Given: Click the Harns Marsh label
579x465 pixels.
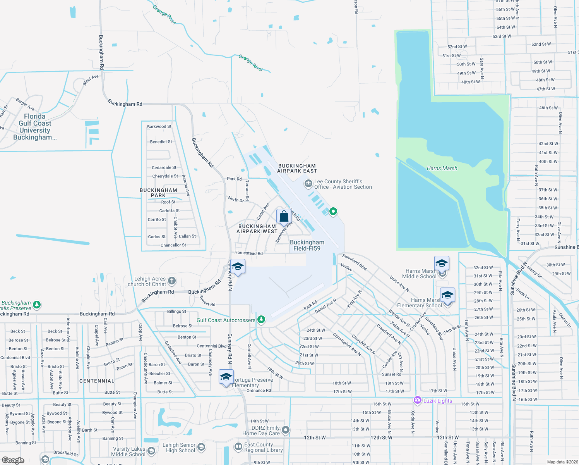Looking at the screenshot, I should pos(442,168).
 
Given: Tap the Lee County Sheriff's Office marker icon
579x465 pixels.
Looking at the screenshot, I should pos(308,184).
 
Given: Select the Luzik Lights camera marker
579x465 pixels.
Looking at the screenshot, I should pos(417,400).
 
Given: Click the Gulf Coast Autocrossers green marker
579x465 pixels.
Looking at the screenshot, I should pos(261,319).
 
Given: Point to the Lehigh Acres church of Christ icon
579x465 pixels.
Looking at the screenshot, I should pos(172,281).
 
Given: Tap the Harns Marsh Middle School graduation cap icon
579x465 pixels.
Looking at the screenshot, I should pos(442,263).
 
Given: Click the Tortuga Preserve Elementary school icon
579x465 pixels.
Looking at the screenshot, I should pos(226,377).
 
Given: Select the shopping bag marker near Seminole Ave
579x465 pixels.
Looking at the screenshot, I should pos(284,216).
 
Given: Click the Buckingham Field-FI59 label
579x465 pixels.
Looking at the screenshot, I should pos(307,245).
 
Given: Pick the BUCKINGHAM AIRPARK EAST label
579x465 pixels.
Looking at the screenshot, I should pos(297,168).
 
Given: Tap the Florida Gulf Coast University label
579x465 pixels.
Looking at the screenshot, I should pos(35,127).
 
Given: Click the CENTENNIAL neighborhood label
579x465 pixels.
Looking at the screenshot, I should pos(97,381).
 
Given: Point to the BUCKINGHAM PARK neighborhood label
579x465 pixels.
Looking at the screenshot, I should pos(158,193).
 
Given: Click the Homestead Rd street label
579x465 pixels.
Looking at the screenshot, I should pos(248,253).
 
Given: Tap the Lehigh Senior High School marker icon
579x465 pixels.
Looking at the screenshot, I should pos(201,448).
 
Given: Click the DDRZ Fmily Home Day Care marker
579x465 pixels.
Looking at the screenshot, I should pos(286,430).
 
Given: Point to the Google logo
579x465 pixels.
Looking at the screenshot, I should pos(13,460).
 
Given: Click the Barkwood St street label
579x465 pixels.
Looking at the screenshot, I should pos(159,126).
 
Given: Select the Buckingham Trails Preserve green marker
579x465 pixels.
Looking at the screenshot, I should pos(37,305).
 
